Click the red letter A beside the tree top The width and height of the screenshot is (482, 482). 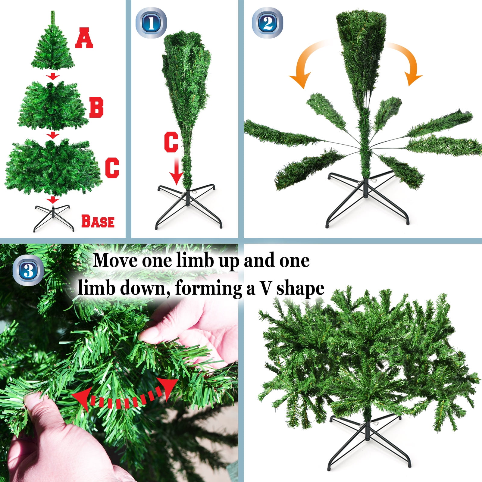84,38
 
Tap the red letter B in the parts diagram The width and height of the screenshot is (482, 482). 96,108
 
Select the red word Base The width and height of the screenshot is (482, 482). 98,221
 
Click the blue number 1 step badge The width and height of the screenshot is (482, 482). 151,23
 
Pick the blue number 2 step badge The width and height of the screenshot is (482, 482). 268,23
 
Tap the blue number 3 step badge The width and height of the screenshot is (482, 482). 29,270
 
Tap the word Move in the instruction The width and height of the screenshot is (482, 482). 116,260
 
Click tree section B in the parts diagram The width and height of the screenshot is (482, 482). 53,105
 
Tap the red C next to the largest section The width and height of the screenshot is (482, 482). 112,167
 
